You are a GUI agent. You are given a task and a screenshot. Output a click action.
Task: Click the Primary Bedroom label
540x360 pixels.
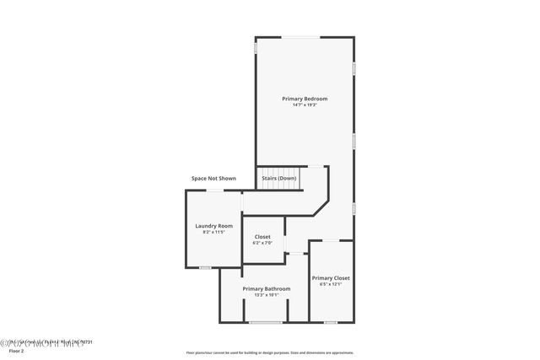click(x=305, y=99)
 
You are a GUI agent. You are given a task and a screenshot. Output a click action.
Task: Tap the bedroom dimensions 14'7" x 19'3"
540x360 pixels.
click(x=305, y=105)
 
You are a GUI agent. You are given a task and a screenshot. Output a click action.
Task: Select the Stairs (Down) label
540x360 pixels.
click(x=278, y=179)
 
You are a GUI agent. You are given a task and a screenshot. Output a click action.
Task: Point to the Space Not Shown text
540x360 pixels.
click(x=213, y=179)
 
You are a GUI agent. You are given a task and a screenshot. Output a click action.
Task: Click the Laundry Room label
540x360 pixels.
click(x=213, y=226)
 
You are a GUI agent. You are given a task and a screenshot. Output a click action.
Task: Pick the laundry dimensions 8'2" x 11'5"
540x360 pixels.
click(x=213, y=232)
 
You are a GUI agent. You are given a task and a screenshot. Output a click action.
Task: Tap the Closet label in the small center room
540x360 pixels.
click(x=262, y=237)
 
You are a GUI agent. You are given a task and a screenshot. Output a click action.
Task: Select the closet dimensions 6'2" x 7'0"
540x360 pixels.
click(x=262, y=243)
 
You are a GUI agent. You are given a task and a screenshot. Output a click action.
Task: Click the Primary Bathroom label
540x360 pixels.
click(x=267, y=289)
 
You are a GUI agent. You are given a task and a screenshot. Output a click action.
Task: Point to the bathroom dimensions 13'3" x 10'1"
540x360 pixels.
click(x=267, y=295)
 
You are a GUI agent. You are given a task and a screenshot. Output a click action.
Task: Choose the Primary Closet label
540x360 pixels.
click(x=331, y=278)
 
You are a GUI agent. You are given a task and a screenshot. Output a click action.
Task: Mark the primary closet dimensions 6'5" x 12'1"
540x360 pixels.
click(x=331, y=284)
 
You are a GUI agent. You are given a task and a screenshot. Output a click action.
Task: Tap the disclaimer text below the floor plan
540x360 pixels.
click(x=270, y=353)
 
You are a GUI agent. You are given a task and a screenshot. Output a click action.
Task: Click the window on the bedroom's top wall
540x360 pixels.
click(x=300, y=36)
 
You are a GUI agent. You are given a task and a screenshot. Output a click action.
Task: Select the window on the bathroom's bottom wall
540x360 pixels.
click(x=265, y=322)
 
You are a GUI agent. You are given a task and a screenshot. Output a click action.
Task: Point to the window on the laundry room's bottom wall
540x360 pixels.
click(x=205, y=267)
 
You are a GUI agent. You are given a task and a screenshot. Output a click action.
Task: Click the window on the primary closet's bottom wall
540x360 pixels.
click(x=331, y=322)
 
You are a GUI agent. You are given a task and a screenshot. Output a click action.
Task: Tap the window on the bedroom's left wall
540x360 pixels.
click(x=256, y=48)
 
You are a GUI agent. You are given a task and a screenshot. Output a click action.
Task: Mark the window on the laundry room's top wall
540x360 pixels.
click(x=216, y=191)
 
